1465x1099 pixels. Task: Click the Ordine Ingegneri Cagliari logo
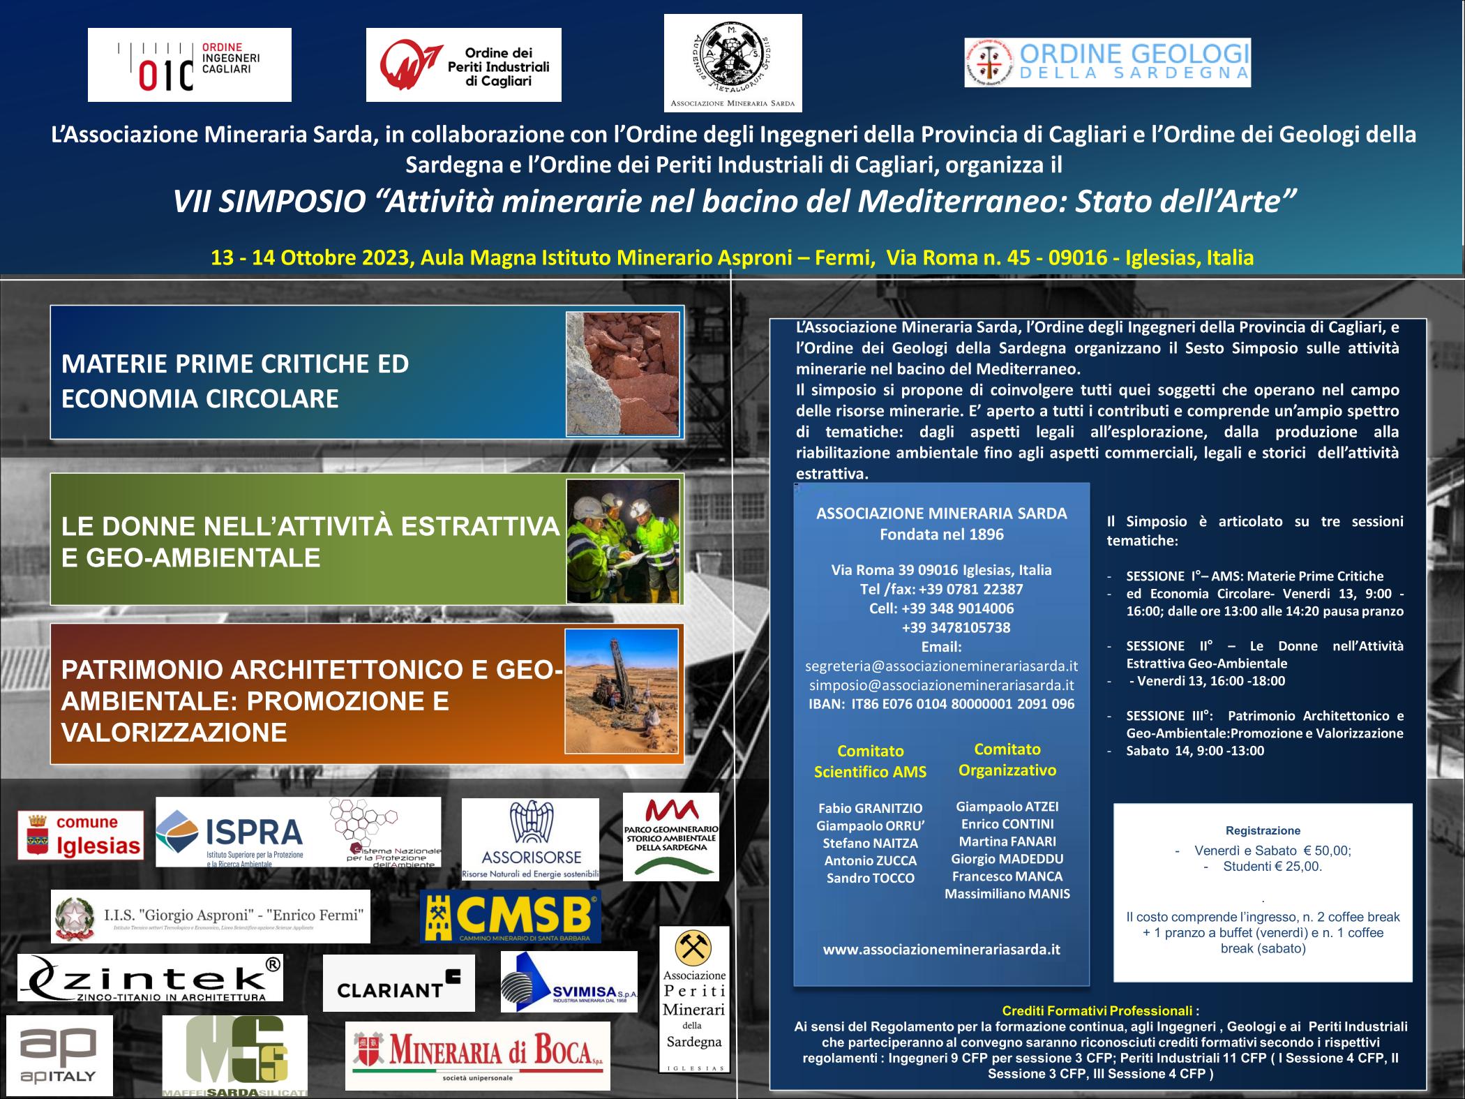[x=189, y=65]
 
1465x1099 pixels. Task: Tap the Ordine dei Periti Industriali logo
[x=463, y=65]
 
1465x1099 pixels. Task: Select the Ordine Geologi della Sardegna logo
[x=1107, y=63]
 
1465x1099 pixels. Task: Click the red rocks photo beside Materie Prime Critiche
[x=622, y=373]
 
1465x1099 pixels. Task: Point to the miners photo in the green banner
[x=622, y=541]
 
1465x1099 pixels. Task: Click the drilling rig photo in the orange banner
[x=622, y=691]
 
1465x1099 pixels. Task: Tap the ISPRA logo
[x=230, y=832]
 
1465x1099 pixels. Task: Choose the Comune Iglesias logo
[x=80, y=835]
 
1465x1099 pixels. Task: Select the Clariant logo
[x=398, y=983]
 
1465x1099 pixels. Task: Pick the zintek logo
[x=150, y=978]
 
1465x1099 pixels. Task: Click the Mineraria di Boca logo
[x=477, y=1056]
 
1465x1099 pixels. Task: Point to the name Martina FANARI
[x=1007, y=842]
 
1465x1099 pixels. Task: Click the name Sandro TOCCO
[x=870, y=879]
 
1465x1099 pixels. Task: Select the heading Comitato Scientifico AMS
[x=870, y=761]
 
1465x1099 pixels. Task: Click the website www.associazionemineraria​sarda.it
[x=941, y=949]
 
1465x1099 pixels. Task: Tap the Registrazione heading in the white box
[x=1263, y=830]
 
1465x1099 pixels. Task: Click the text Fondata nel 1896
[x=941, y=534]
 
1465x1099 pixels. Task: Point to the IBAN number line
[x=941, y=704]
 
